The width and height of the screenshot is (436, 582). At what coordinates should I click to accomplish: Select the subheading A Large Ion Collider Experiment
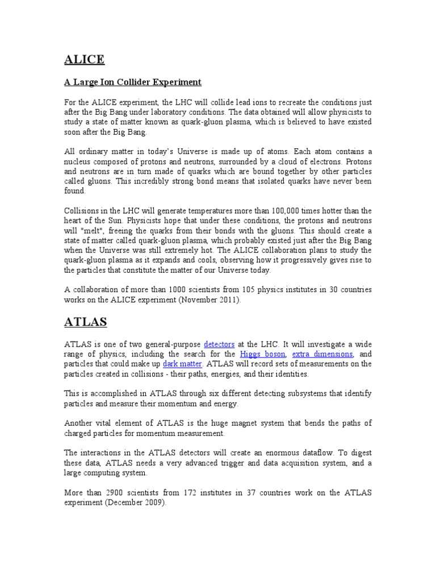click(x=132, y=82)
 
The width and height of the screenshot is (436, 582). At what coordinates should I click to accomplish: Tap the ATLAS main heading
click(x=85, y=322)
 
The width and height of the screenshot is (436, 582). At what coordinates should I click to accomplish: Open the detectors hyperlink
click(x=219, y=344)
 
